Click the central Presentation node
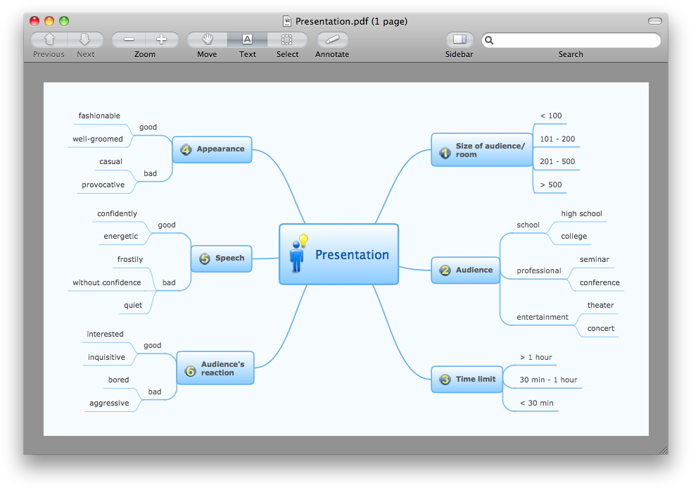tap(338, 254)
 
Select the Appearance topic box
tap(212, 149)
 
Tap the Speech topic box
tap(221, 258)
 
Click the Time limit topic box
tap(467, 379)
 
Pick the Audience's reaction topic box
tap(215, 368)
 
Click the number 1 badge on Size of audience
tap(445, 153)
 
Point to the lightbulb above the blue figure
tap(304, 240)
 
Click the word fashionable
tap(99, 115)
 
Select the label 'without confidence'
tap(107, 282)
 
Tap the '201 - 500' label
tap(557, 161)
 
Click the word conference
tap(600, 282)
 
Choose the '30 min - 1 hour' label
tap(548, 380)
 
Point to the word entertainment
tap(543, 317)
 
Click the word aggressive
tap(109, 403)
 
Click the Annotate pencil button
tap(333, 39)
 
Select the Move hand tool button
tap(208, 39)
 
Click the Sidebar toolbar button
tap(459, 39)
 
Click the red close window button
tap(34, 21)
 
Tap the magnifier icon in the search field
tap(489, 41)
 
